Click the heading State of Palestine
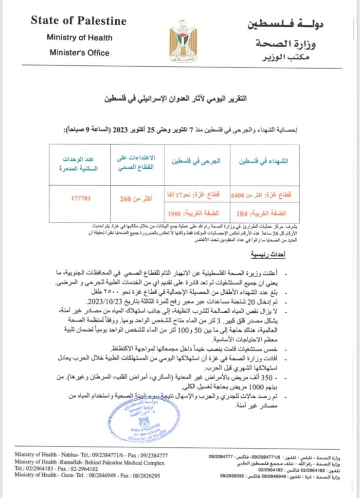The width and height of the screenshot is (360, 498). [78, 21]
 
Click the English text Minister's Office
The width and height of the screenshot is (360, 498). [79, 53]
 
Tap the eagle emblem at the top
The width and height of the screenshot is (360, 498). [183, 41]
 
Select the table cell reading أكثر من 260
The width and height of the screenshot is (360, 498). [133, 198]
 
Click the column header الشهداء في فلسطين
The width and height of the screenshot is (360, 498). [265, 162]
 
